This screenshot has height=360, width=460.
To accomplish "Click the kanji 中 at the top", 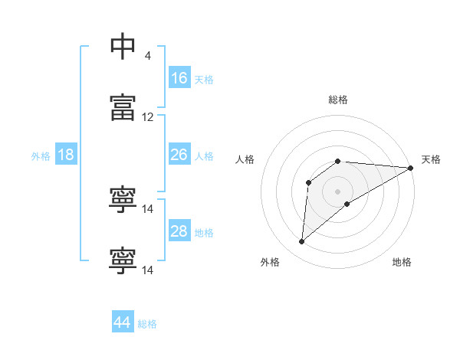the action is tap(123, 46).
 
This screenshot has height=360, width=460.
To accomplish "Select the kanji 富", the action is tap(123, 107).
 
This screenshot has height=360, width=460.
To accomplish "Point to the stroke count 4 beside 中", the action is tap(147, 55).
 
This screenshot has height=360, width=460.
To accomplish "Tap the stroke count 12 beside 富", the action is tap(147, 117).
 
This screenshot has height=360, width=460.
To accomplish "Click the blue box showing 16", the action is tap(179, 77).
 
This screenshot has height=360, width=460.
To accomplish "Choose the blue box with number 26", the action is tap(179, 154).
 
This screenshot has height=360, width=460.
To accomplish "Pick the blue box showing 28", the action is tap(179, 230).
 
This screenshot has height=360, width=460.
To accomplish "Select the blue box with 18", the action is tap(66, 154).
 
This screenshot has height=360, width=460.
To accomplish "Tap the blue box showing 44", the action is tap(123, 321).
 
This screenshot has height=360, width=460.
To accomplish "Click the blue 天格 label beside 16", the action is tap(204, 80).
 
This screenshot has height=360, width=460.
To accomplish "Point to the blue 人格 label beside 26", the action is tap(204, 156).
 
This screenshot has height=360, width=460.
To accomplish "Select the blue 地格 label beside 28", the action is tap(204, 233).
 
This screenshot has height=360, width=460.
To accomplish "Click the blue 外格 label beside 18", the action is tap(41, 156).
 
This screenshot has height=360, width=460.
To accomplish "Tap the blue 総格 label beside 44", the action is tap(147, 324).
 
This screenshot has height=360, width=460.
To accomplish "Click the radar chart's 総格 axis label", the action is tap(338, 100).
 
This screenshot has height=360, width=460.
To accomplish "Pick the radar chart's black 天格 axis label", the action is tap(431, 159).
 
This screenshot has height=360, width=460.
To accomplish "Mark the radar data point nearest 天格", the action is tap(411, 168).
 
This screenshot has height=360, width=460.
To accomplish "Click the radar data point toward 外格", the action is tap(301, 241).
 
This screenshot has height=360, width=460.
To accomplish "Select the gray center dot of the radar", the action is tap(337, 191).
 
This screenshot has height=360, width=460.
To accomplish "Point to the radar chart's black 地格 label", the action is tap(402, 262).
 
